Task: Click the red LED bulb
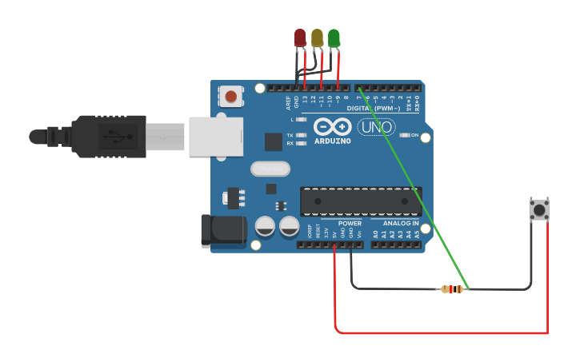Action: pos(300,38)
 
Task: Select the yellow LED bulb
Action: pos(317,38)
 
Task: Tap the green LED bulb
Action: pos(334,38)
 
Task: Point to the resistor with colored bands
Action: pos(453,289)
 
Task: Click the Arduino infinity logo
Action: pos(332,127)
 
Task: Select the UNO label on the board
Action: pos(376,126)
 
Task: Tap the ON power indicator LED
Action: pos(405,135)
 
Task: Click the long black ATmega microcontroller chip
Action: pos(361,201)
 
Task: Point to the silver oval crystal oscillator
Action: pos(270,169)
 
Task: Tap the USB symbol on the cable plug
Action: pos(110,137)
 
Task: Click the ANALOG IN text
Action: pos(400,224)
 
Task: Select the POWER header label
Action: pos(350,224)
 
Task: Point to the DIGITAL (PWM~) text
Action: pos(374,108)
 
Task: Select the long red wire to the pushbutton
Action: pos(440,332)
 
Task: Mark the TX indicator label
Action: pos(290,135)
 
